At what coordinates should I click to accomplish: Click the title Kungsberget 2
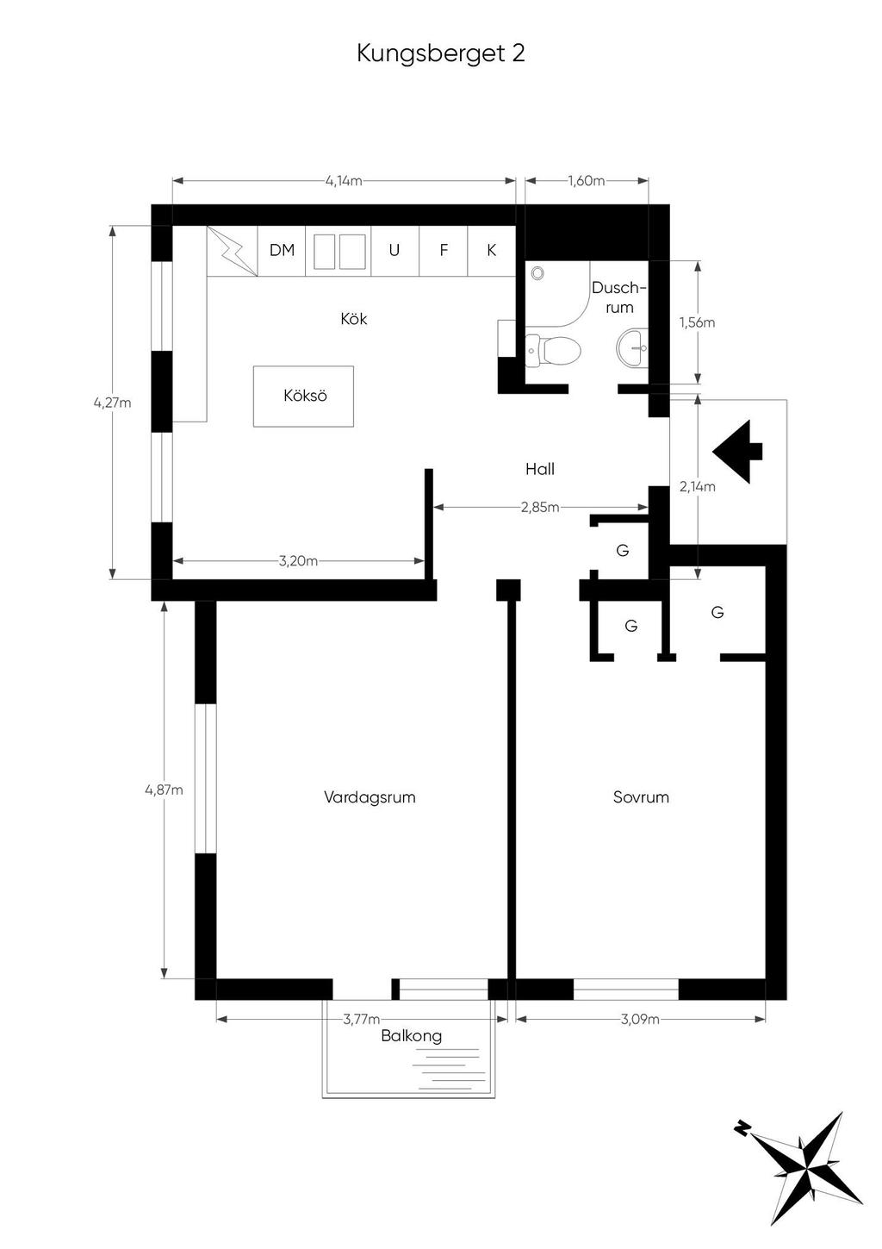[441, 54]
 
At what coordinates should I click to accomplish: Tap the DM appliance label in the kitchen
[282, 250]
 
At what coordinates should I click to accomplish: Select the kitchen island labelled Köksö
[304, 397]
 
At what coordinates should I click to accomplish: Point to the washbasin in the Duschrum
[632, 348]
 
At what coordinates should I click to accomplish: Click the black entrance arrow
[737, 451]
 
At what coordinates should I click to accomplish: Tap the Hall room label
[540, 469]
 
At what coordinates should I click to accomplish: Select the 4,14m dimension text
[344, 181]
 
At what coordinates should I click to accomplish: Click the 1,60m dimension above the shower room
[587, 181]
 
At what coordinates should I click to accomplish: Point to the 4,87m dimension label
[164, 790]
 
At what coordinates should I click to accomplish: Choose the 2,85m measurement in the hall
[540, 508]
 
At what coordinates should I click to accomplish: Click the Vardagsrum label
[370, 797]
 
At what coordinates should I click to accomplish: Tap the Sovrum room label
[641, 797]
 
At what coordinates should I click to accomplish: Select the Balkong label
[412, 1037]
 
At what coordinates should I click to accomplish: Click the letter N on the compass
[742, 1127]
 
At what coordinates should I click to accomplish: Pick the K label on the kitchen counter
[492, 250]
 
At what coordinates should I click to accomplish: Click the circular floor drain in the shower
[537, 273]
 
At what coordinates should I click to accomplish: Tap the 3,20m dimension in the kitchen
[298, 561]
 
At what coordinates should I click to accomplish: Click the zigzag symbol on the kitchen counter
[233, 251]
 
